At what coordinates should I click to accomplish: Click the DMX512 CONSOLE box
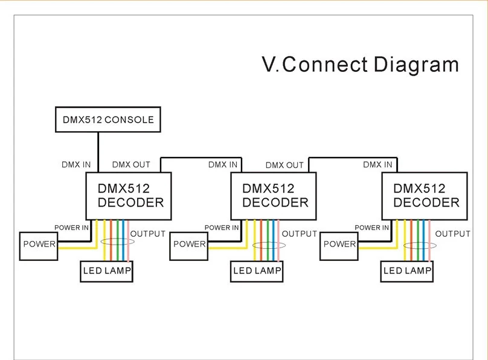pyautogui.click(x=108, y=120)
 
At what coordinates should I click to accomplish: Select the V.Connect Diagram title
pyautogui.click(x=360, y=64)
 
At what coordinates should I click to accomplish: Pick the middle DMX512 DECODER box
pyautogui.click(x=274, y=195)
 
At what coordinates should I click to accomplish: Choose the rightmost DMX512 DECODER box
pyautogui.click(x=424, y=195)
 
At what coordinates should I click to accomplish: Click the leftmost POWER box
pyautogui.click(x=39, y=245)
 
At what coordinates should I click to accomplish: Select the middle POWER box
pyautogui.click(x=188, y=245)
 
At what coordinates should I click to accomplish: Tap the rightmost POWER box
pyautogui.click(x=339, y=245)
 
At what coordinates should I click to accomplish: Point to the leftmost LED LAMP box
pyautogui.click(x=107, y=271)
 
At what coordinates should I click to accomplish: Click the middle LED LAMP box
pyautogui.click(x=257, y=271)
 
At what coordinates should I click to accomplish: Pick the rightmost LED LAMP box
pyautogui.click(x=408, y=271)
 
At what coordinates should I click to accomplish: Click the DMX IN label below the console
pyautogui.click(x=77, y=164)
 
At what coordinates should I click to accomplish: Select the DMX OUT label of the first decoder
pyautogui.click(x=131, y=164)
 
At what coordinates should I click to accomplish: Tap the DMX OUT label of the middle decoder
pyautogui.click(x=284, y=165)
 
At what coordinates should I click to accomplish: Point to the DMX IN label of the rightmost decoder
pyautogui.click(x=377, y=164)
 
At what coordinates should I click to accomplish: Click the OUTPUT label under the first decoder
pyautogui.click(x=148, y=234)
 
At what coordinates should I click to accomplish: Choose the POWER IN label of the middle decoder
pyautogui.click(x=222, y=228)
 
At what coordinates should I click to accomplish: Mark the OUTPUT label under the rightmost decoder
pyautogui.click(x=453, y=234)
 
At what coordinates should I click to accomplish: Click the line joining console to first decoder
pyautogui.click(x=98, y=151)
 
